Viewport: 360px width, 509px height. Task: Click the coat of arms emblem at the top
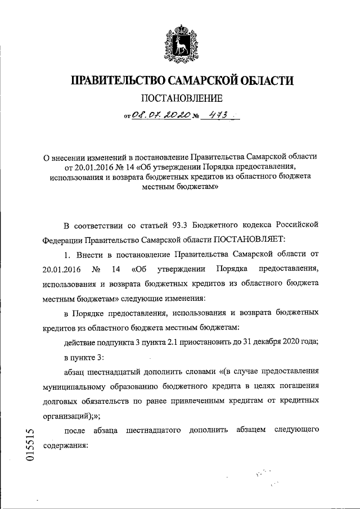(179, 42)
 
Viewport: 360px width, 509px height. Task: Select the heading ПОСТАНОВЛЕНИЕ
(179, 100)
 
